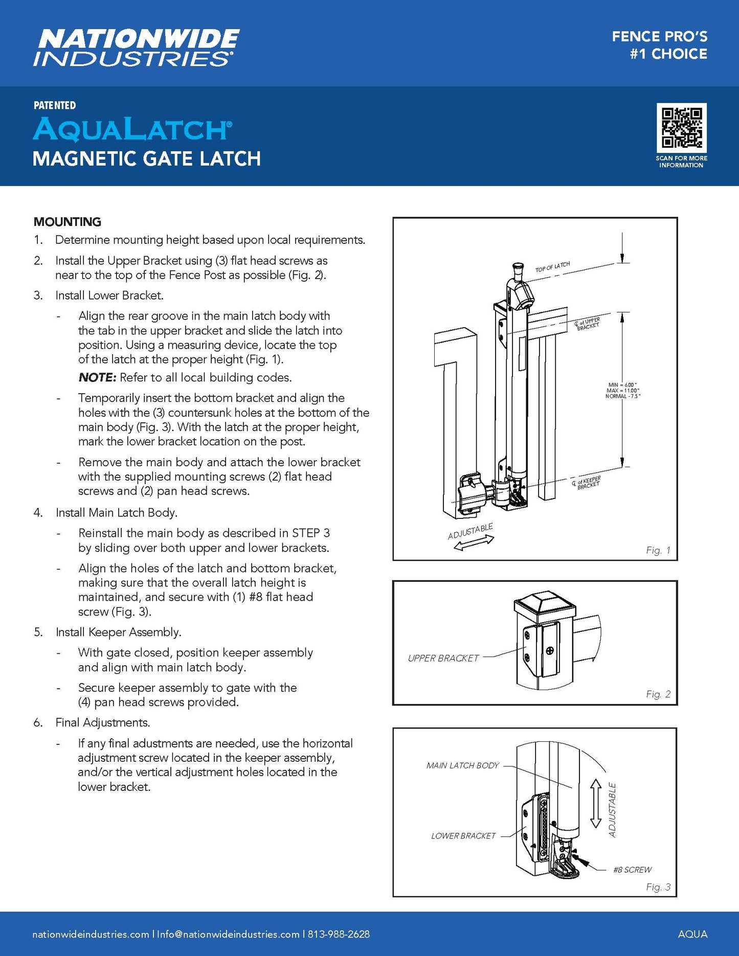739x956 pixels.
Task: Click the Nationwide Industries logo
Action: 136,48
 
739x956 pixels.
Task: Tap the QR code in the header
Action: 681,128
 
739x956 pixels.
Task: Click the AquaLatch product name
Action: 132,129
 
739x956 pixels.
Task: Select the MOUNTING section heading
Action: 68,222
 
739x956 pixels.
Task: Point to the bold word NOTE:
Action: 98,378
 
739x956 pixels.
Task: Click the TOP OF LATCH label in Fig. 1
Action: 552,267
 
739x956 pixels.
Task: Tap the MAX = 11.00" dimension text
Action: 623,391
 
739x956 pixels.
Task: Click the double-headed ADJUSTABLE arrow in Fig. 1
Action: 474,543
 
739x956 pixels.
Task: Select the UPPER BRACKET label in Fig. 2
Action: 443,658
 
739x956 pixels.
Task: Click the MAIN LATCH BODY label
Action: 462,765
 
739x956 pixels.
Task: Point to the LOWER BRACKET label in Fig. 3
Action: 463,836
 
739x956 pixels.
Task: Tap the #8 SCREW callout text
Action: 632,870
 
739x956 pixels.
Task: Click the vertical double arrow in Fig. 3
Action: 595,803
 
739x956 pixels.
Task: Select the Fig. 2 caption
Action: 658,694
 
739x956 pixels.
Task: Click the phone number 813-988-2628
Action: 339,934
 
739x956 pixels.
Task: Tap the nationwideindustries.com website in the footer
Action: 91,934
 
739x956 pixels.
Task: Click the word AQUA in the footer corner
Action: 692,934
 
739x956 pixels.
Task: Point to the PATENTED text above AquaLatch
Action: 55,105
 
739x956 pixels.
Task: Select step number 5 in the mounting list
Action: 38,632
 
